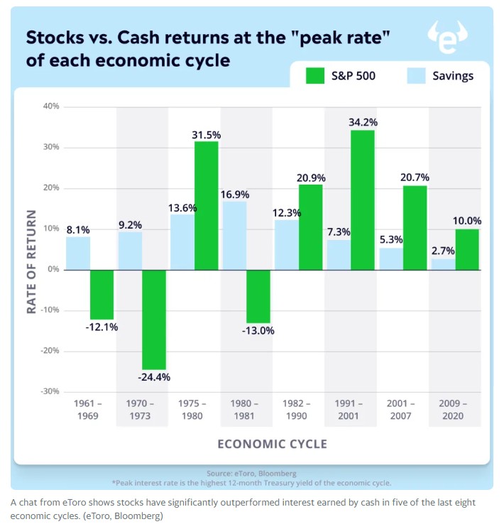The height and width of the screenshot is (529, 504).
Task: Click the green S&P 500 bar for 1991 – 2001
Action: (x=362, y=200)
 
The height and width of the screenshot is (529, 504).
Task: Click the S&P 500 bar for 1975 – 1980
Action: (x=206, y=205)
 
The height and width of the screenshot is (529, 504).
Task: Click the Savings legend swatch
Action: (x=416, y=75)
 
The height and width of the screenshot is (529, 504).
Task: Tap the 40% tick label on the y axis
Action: (x=51, y=107)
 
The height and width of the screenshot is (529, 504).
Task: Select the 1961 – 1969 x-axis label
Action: (x=88, y=409)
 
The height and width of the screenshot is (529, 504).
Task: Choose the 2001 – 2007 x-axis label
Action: (x=400, y=409)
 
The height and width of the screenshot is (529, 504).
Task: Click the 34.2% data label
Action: (x=363, y=122)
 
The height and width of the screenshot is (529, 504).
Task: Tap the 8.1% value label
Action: (x=77, y=229)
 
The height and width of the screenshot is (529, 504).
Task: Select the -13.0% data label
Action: (x=260, y=330)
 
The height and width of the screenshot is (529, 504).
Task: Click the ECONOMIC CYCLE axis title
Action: (x=272, y=444)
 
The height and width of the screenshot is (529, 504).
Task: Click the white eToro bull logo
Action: (x=449, y=38)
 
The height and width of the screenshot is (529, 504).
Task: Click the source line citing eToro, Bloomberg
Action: (x=251, y=472)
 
